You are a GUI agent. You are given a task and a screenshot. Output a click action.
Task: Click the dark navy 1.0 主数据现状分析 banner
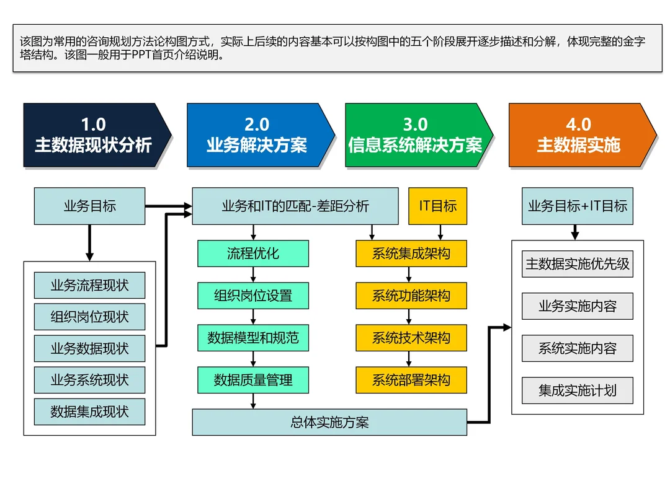93,135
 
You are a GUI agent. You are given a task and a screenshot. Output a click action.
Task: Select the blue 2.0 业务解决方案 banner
256,135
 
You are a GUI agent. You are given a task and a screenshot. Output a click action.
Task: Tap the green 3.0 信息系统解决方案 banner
414,135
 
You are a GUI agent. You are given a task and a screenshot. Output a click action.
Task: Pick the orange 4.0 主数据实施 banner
578,135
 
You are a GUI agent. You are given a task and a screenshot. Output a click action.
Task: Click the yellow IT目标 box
437,206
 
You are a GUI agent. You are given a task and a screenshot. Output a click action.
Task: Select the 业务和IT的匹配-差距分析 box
295,206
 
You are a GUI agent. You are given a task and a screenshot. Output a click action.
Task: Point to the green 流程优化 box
253,253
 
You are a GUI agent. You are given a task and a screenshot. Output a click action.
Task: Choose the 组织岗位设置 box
253,296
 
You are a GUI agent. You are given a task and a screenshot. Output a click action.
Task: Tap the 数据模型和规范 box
253,338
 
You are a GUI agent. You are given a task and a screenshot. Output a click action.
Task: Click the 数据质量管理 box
253,380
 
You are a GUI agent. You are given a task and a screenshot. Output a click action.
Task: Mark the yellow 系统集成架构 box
411,253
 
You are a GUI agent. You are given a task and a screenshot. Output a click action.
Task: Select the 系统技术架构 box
411,338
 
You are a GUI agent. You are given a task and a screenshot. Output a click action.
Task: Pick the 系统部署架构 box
411,380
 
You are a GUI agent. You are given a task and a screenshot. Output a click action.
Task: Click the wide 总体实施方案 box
329,423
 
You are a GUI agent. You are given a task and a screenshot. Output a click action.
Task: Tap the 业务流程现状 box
90,286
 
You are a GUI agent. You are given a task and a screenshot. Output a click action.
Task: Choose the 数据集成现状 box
90,412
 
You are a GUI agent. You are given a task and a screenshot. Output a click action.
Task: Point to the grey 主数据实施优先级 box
578,264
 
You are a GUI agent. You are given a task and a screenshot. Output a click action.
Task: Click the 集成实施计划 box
578,390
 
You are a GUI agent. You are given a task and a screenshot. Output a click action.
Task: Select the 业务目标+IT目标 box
578,206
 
